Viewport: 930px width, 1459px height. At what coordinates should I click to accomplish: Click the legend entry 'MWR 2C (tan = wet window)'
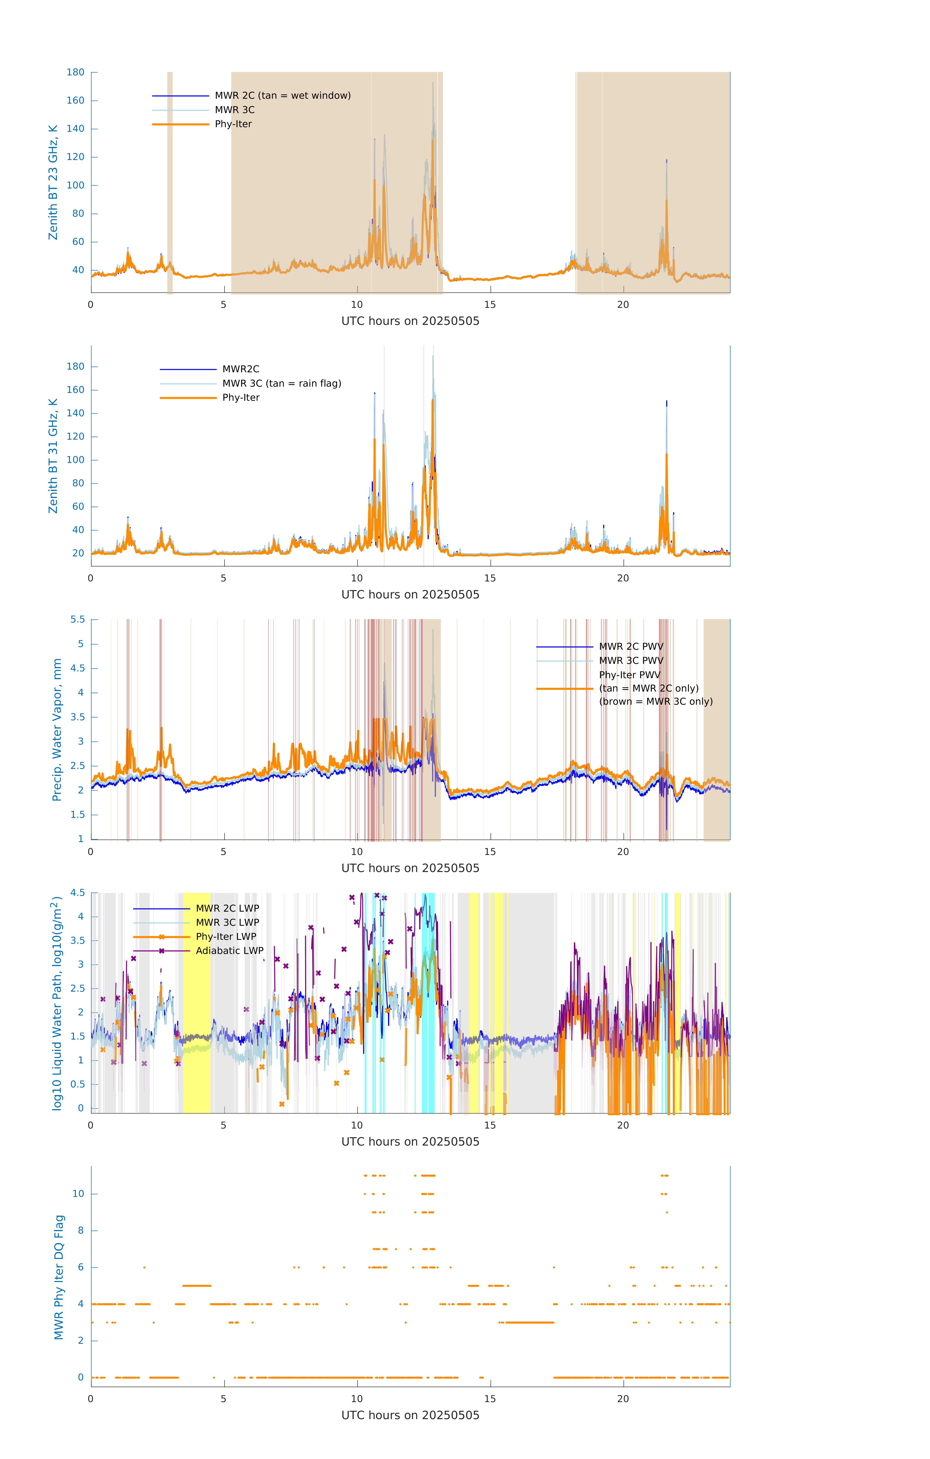click(x=282, y=96)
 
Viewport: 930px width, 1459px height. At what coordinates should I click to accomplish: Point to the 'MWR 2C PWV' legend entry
click(x=631, y=647)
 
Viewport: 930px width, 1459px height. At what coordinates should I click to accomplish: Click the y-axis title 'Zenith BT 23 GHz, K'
click(x=53, y=182)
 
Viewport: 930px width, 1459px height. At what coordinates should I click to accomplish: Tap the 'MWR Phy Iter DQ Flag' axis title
click(x=59, y=1277)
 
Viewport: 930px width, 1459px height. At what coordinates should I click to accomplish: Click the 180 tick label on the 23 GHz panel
click(x=76, y=72)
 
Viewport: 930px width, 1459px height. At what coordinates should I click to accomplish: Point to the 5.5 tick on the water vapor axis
click(x=78, y=619)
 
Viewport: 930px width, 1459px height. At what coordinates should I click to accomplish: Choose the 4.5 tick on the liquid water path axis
click(x=78, y=892)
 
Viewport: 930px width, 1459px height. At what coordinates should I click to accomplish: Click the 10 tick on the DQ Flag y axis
click(x=78, y=1194)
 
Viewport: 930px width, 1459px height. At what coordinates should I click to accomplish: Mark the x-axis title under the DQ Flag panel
click(x=410, y=1415)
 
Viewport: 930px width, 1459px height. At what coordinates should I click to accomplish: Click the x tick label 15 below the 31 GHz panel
click(x=489, y=578)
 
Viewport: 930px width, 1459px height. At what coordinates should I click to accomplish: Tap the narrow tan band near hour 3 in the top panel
click(x=170, y=182)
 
